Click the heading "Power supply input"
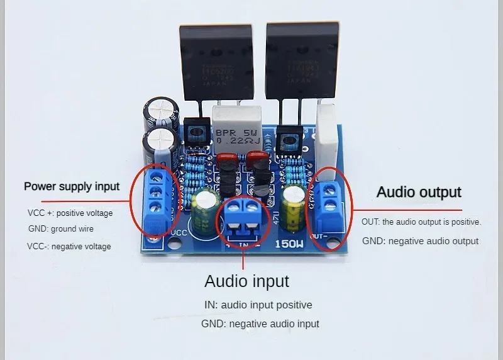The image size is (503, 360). [x=71, y=186]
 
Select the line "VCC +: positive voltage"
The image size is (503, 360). [x=70, y=213]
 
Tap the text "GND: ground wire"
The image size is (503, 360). [x=60, y=229]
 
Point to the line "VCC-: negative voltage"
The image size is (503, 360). [x=69, y=246]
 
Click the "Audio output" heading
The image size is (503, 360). [x=419, y=192]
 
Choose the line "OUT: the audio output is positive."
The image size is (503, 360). [x=421, y=222]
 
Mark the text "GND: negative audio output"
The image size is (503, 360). [x=420, y=241]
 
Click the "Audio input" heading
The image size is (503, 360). [x=246, y=281]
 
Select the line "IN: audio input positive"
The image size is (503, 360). [x=258, y=305]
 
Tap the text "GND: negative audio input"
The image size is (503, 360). [x=260, y=324]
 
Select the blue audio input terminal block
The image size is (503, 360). [x=242, y=217]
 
